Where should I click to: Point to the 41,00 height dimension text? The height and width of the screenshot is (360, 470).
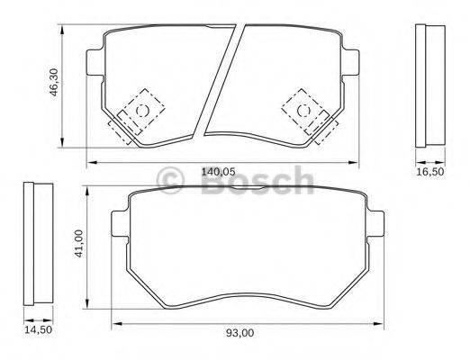79,245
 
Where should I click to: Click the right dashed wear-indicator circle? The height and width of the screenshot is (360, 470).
303,110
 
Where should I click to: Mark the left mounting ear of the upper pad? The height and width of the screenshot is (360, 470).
93,63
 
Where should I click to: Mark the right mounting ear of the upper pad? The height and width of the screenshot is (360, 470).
352,63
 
